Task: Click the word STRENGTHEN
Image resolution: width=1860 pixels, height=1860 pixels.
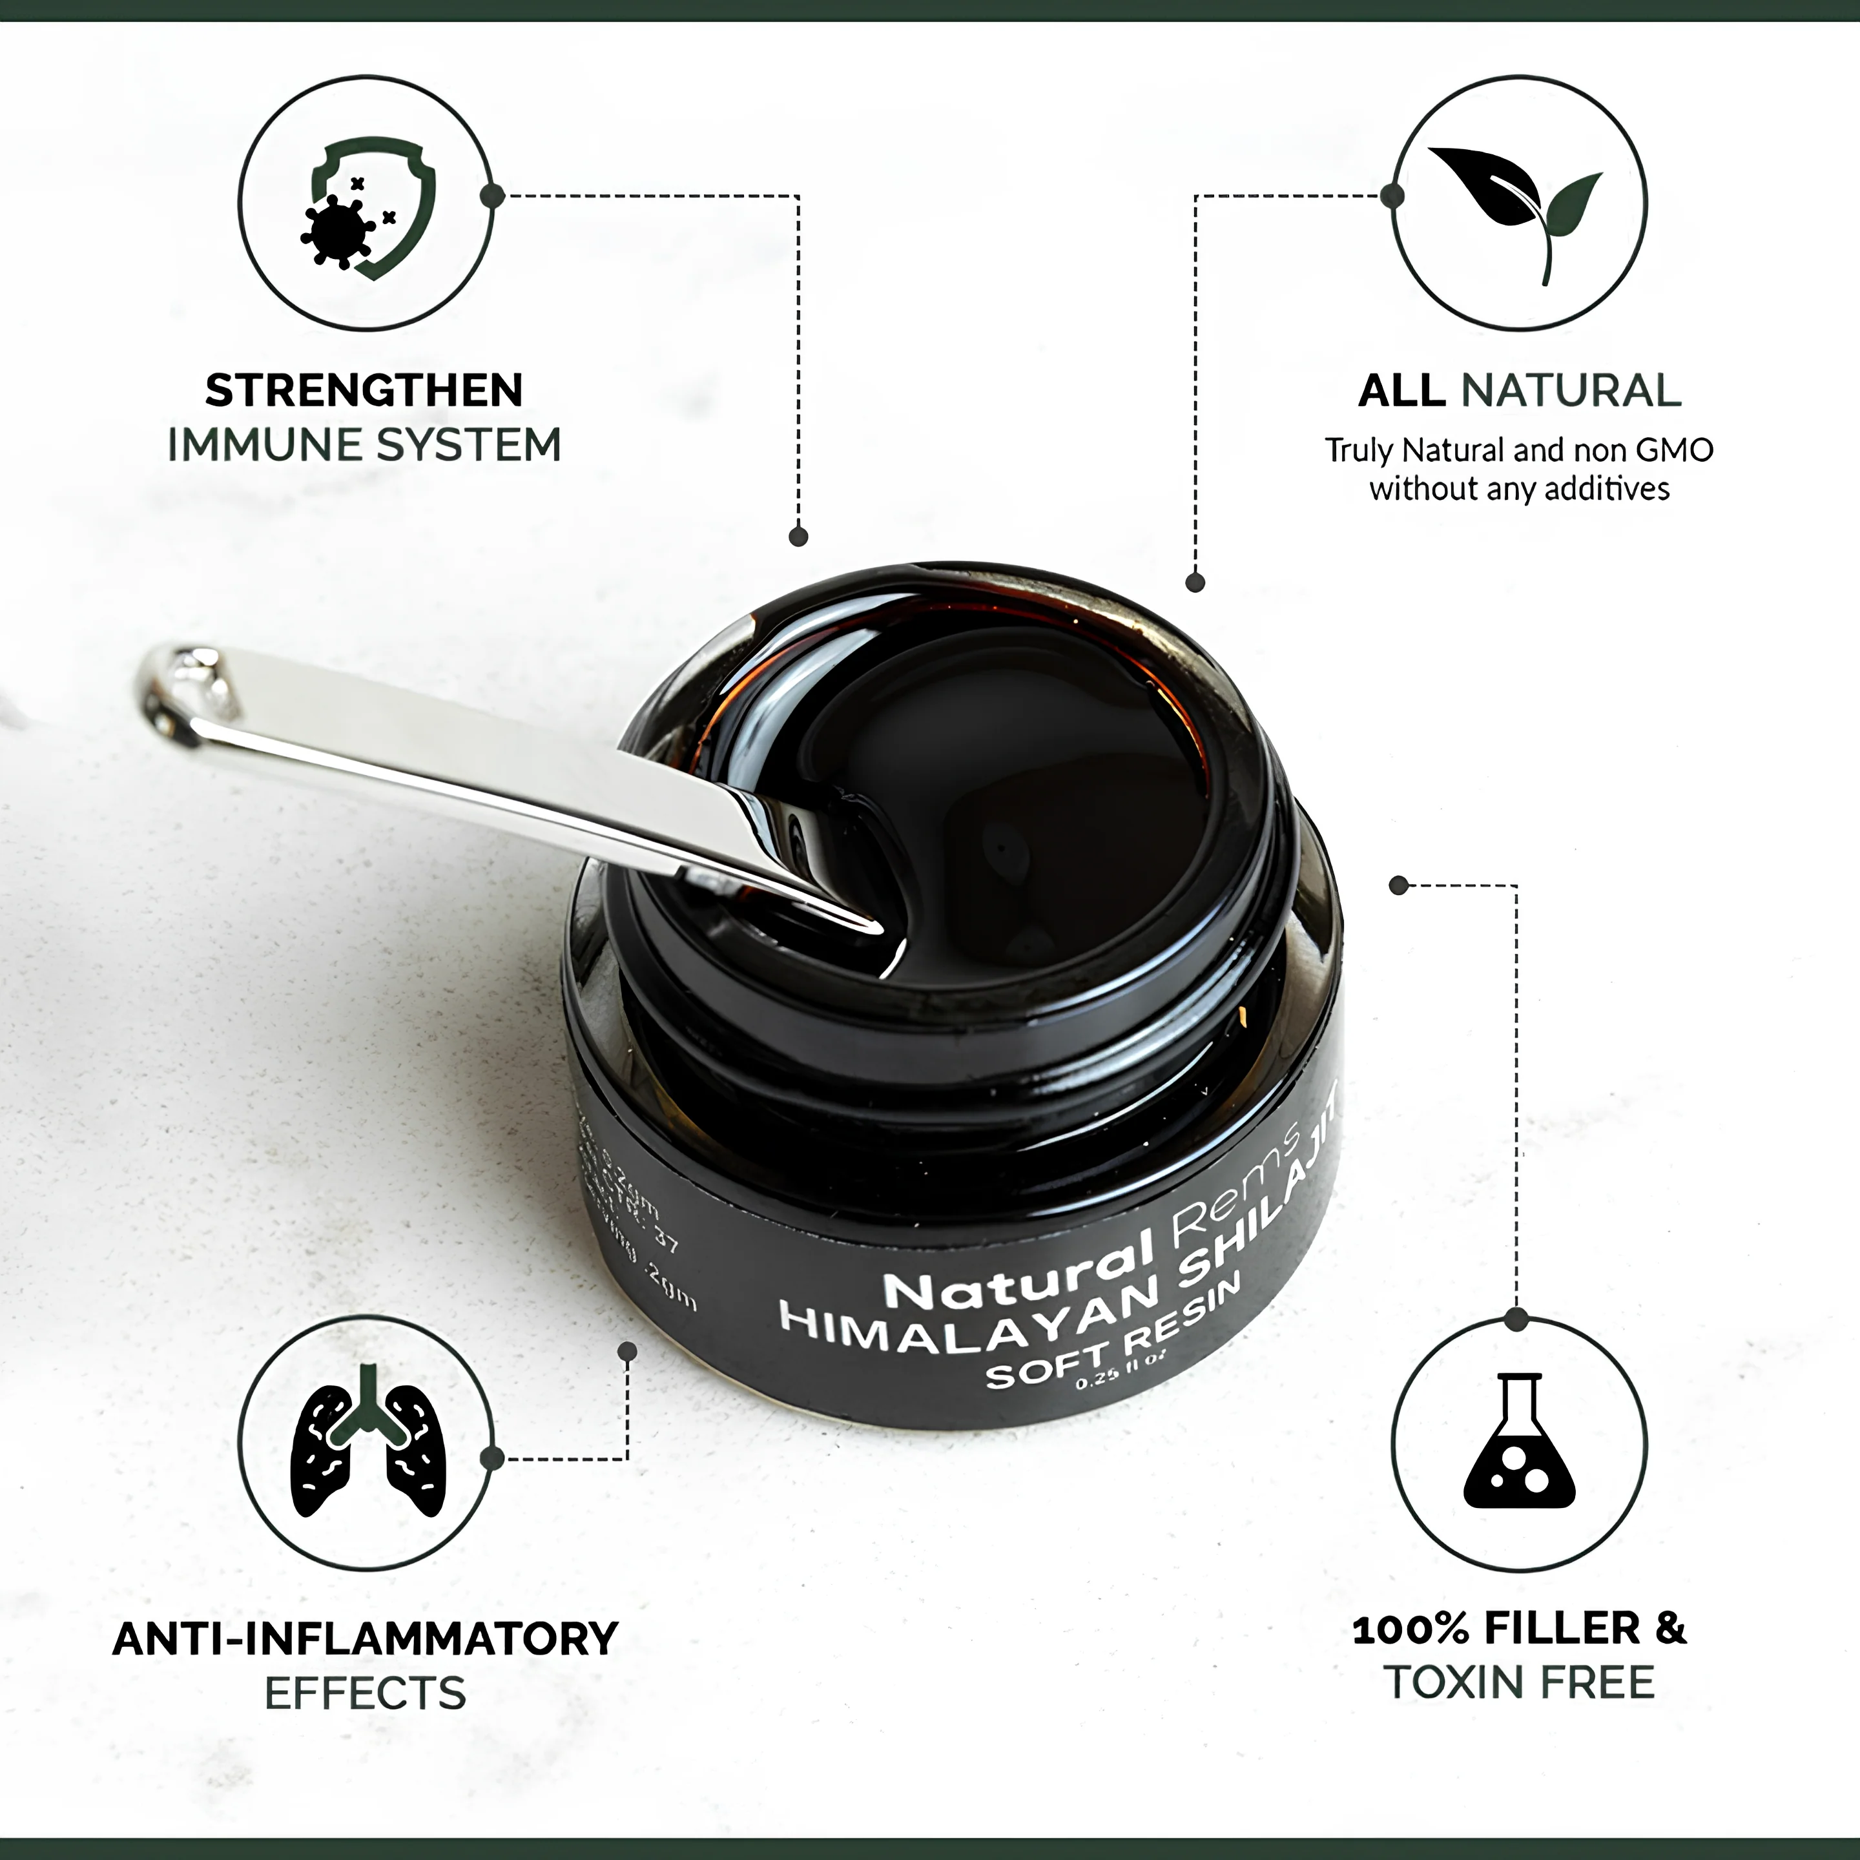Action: point(364,391)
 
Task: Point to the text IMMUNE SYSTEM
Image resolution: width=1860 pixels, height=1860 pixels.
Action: point(364,446)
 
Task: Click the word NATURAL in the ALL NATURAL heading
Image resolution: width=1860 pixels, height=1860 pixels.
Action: point(1571,391)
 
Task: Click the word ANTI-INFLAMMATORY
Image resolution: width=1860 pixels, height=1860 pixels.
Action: point(366,1638)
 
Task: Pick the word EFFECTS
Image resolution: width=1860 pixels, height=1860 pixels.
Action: point(366,1693)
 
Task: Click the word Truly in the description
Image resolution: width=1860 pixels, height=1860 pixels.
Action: point(1359,451)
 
